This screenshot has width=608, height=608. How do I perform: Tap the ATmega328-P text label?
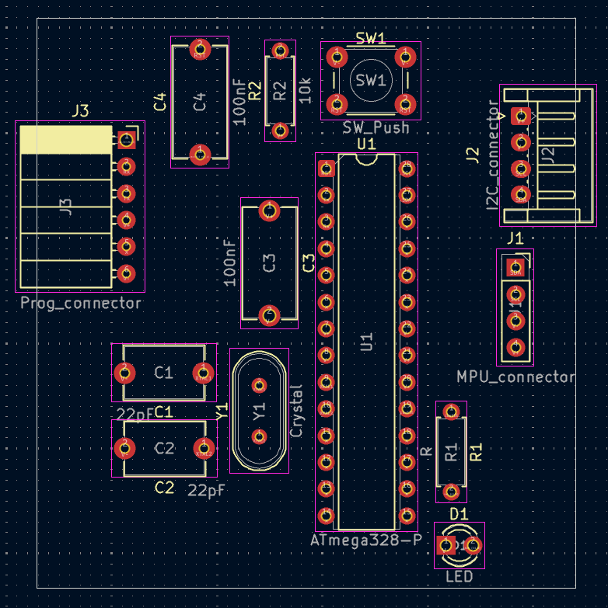click(365, 540)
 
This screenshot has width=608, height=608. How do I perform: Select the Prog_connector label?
click(82, 303)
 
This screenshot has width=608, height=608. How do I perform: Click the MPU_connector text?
click(516, 377)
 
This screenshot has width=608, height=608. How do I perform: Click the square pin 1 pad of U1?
click(327, 168)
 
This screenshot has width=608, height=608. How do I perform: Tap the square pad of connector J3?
click(127, 140)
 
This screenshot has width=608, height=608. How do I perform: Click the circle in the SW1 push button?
click(370, 80)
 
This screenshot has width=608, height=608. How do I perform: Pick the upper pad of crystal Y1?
click(260, 384)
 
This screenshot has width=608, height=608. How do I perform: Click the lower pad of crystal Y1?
click(260, 436)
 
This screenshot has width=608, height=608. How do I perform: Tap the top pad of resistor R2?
click(279, 50)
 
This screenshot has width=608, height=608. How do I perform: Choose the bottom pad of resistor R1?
click(450, 491)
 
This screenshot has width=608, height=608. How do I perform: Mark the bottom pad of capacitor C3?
click(270, 314)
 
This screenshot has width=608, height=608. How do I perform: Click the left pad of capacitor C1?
click(124, 373)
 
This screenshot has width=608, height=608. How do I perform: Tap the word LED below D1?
click(459, 577)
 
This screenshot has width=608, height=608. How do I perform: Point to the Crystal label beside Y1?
click(296, 410)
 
